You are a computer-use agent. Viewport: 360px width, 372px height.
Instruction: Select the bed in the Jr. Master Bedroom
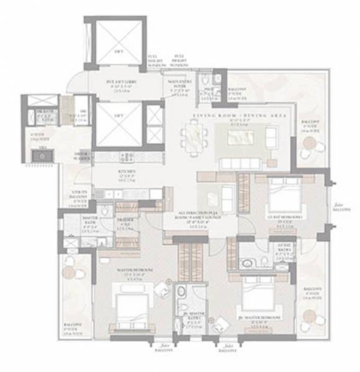[259, 298]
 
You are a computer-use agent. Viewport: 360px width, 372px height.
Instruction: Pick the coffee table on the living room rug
[241, 138]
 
